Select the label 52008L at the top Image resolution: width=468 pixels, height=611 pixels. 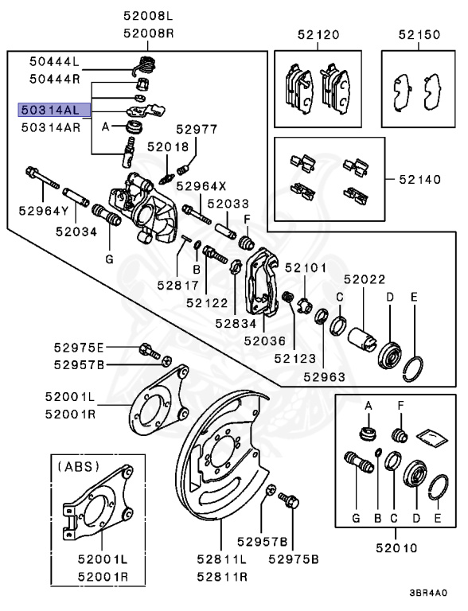pyautogui.click(x=147, y=15)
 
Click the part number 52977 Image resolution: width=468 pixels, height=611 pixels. pyautogui.click(x=197, y=128)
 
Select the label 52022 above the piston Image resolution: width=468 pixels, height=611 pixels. pyautogui.click(x=365, y=279)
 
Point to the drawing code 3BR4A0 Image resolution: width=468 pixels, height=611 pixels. pyautogui.click(x=428, y=593)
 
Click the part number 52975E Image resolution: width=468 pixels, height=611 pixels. pyautogui.click(x=79, y=348)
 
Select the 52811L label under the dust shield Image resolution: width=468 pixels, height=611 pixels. pyautogui.click(x=220, y=558)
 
